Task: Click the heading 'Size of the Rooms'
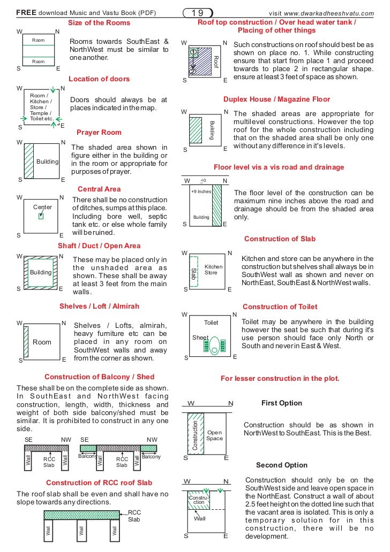click(99, 23)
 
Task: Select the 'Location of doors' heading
click(99, 79)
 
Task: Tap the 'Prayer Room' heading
click(99, 132)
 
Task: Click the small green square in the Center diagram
click(41, 216)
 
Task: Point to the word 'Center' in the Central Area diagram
click(42, 207)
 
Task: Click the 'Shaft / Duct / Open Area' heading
click(99, 246)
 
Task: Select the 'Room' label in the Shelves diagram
click(42, 342)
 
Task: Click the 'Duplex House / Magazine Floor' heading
click(276, 99)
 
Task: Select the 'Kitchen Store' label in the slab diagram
click(213, 270)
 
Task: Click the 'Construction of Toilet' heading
click(280, 307)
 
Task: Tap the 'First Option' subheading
click(281, 403)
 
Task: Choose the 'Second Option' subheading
click(281, 465)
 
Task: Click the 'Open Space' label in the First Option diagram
click(214, 435)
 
